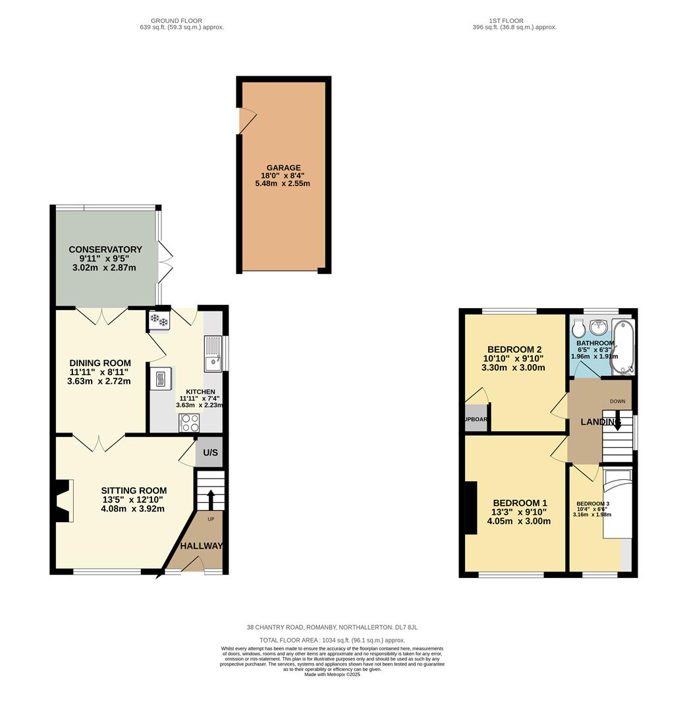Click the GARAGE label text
point(283,168)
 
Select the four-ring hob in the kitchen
point(190,422)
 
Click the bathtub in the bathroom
point(622,346)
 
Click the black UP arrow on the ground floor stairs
point(211,499)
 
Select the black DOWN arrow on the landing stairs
point(617,423)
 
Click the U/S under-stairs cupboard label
point(210,453)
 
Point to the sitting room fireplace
point(63,501)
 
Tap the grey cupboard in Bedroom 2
point(476,419)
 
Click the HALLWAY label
point(202,546)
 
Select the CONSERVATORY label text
point(105,250)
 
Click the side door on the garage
point(247,120)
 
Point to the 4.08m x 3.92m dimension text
point(132,508)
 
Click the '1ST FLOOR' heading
point(507,21)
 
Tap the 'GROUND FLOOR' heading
point(176,21)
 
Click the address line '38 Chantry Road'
point(332,627)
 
